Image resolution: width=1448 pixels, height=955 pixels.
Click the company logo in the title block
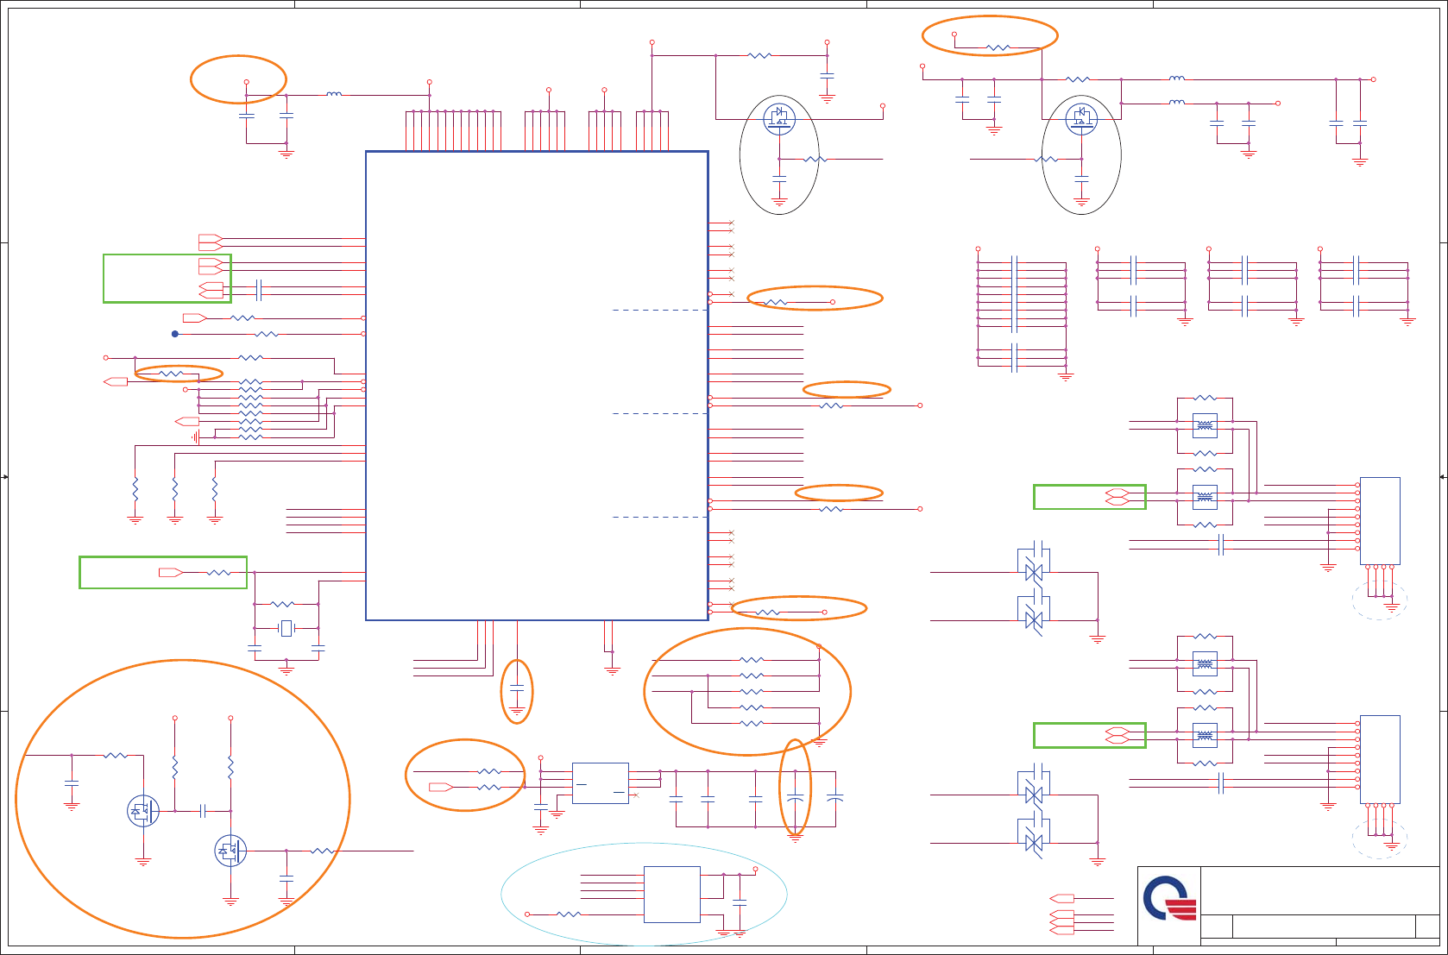(1170, 900)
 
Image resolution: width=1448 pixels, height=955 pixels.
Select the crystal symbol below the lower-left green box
(286, 628)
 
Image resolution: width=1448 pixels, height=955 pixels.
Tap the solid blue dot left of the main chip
(175, 334)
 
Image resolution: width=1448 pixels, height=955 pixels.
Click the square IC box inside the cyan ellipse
(671, 895)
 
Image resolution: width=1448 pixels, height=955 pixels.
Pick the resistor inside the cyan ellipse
(568, 914)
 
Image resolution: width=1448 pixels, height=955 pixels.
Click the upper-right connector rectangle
(1380, 521)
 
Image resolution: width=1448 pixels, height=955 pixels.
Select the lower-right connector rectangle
(1380, 759)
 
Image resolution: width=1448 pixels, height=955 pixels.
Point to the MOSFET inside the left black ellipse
(779, 118)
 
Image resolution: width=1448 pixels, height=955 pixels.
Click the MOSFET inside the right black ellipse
(1081, 118)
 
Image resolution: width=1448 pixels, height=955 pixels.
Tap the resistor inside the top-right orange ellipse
(998, 48)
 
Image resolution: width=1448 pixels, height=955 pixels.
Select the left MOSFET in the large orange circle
(143, 811)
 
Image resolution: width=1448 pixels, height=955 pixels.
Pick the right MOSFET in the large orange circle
(230, 851)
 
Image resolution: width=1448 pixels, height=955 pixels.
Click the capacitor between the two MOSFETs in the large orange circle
(203, 811)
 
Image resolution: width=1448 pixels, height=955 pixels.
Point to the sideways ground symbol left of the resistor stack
(196, 437)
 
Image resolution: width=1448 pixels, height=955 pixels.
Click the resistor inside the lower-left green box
(219, 573)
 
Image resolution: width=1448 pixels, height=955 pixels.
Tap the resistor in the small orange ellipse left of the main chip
(172, 374)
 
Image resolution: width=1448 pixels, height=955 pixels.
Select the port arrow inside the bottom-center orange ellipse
(440, 787)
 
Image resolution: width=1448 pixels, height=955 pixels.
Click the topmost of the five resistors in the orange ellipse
(752, 660)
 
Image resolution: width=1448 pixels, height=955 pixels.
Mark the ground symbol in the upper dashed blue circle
(1391, 607)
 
